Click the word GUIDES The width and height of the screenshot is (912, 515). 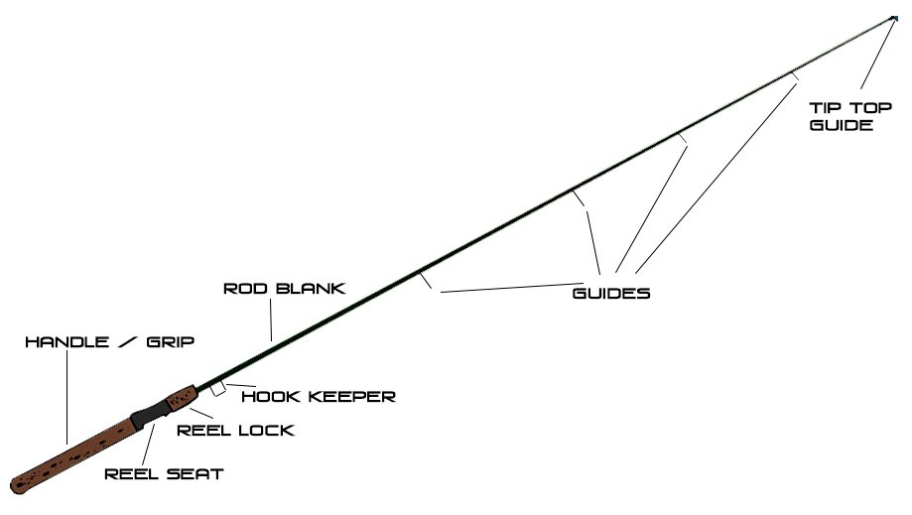(611, 294)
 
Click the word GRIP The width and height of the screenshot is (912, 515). (166, 341)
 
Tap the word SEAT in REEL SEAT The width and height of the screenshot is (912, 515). (195, 474)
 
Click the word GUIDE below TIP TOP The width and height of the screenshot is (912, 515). (842, 126)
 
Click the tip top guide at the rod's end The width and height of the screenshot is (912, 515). (894, 17)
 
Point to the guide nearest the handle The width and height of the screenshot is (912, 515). (426, 280)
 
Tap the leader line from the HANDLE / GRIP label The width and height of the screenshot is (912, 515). (66, 397)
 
